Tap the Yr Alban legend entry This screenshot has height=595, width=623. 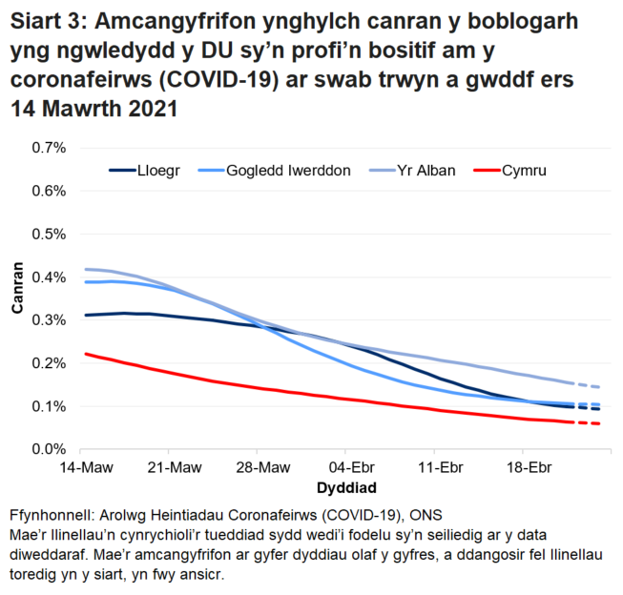pyautogui.click(x=425, y=171)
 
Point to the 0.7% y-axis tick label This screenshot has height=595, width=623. pyautogui.click(x=49, y=148)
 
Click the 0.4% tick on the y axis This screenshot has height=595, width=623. pyautogui.click(x=49, y=277)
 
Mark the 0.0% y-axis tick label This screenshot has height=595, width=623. pyautogui.click(x=49, y=449)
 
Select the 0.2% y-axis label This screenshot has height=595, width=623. pyautogui.click(x=49, y=363)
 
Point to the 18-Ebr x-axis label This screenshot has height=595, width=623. pyautogui.click(x=526, y=469)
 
